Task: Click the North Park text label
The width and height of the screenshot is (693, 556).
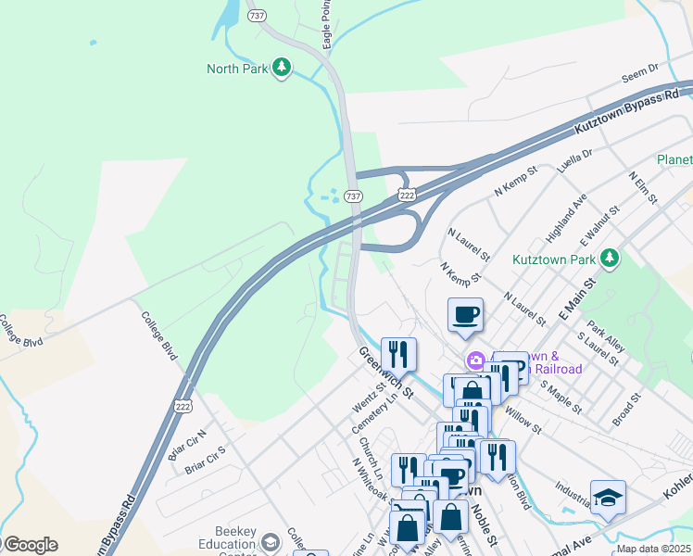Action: (237, 69)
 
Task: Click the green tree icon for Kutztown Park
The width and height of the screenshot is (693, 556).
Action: (609, 258)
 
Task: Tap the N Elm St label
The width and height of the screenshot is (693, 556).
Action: (642, 187)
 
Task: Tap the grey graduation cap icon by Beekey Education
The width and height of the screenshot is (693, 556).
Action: (271, 541)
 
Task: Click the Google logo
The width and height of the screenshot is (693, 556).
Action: (31, 545)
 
